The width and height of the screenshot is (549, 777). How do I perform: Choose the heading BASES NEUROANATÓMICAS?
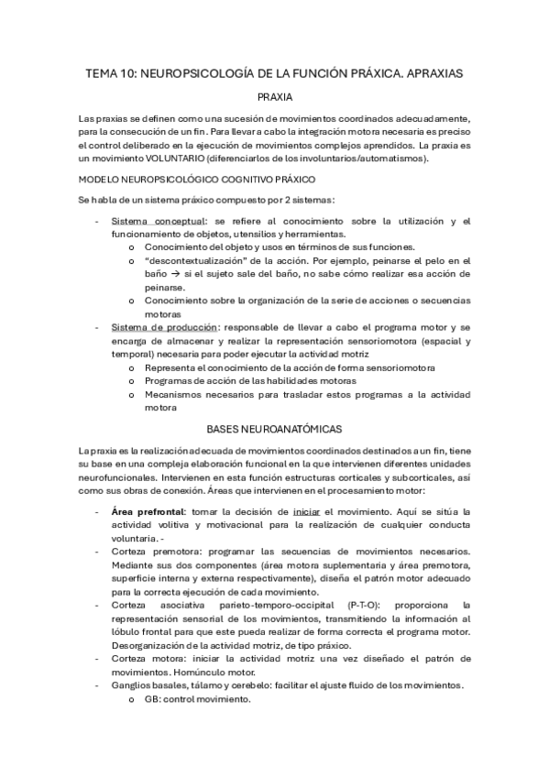[274, 429]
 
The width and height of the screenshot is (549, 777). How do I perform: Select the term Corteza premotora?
[156, 552]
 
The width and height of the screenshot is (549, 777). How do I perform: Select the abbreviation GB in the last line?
[153, 699]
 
